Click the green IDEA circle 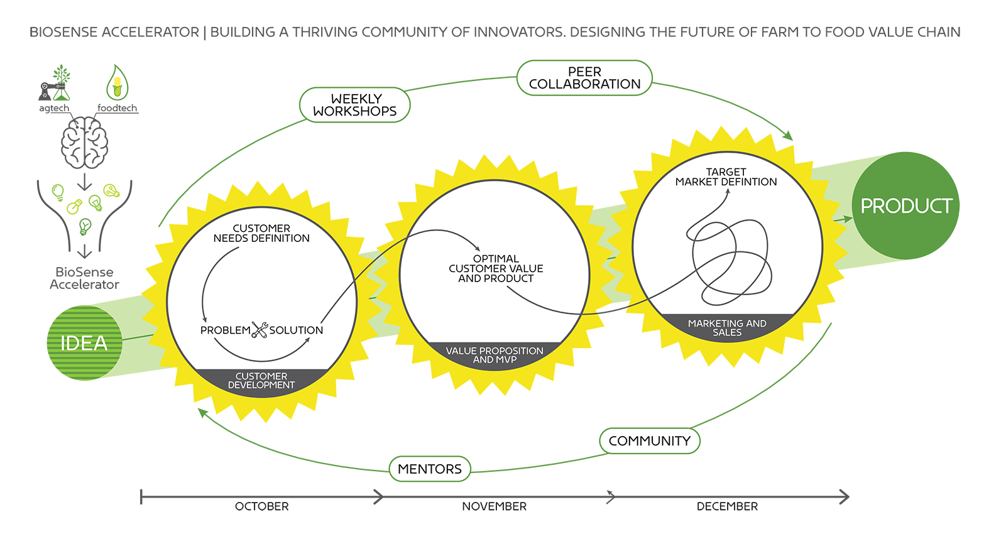click(84, 343)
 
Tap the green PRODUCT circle click(905, 205)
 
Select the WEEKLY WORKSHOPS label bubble click(355, 105)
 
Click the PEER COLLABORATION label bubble click(584, 78)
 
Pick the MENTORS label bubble click(430, 469)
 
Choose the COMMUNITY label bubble click(650, 440)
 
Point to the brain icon click(85, 143)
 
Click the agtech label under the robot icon click(54, 108)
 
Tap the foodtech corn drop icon click(118, 83)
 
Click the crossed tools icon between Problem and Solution click(260, 330)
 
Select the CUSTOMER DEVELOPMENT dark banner click(261, 381)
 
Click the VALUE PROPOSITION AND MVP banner click(495, 355)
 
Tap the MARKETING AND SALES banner click(727, 327)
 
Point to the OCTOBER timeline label click(262, 506)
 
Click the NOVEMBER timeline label click(495, 506)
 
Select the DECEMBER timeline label click(727, 506)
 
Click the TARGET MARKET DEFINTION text click(726, 177)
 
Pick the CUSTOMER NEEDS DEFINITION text click(261, 233)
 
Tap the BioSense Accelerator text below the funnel click(84, 278)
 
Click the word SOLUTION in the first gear click(296, 330)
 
